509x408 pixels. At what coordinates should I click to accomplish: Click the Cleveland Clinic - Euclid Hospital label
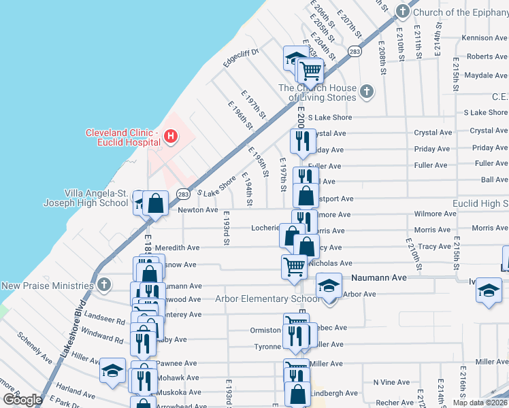[x=122, y=137]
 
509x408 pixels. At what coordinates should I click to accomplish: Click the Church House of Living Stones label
[x=317, y=92]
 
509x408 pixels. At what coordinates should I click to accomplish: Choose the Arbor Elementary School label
[x=267, y=299]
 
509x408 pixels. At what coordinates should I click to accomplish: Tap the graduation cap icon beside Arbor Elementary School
[x=328, y=284]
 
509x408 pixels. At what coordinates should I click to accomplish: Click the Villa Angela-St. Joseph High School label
[x=96, y=198]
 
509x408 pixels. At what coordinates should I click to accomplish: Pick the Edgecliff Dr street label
[x=242, y=58]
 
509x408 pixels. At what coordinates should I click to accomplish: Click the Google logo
[x=23, y=399]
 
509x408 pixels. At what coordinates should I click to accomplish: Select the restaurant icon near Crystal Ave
[x=300, y=141]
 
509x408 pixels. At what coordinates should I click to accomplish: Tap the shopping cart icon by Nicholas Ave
[x=294, y=266]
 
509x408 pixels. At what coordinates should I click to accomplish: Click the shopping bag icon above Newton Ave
[x=156, y=203]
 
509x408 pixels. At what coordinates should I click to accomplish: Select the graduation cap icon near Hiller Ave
[x=112, y=371]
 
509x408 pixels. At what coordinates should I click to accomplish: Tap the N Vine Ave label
[x=391, y=382]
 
